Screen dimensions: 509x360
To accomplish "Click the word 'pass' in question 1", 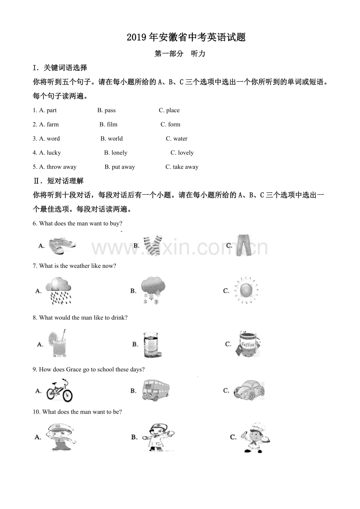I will [110, 110].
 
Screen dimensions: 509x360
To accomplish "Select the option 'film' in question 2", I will [112, 124].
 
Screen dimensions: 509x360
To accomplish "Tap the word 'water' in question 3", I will [180, 138].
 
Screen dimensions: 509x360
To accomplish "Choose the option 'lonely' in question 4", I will [119, 152].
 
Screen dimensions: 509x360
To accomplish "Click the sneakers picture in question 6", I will [62, 245].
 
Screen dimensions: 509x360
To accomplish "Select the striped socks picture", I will [153, 245].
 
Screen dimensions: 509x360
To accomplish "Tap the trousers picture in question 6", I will [243, 245].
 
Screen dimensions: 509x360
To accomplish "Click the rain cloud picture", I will [58, 290].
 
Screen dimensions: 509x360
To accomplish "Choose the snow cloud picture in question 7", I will [153, 290].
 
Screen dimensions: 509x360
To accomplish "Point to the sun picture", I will [246, 290].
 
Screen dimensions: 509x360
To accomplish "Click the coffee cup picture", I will [247, 343].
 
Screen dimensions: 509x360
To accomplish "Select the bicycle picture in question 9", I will [59, 390].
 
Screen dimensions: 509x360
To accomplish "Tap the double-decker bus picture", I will [156, 390].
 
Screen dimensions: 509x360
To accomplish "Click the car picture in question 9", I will [249, 390].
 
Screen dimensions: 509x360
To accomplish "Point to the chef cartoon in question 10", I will [256, 437].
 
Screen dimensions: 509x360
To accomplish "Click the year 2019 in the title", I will [136, 37].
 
